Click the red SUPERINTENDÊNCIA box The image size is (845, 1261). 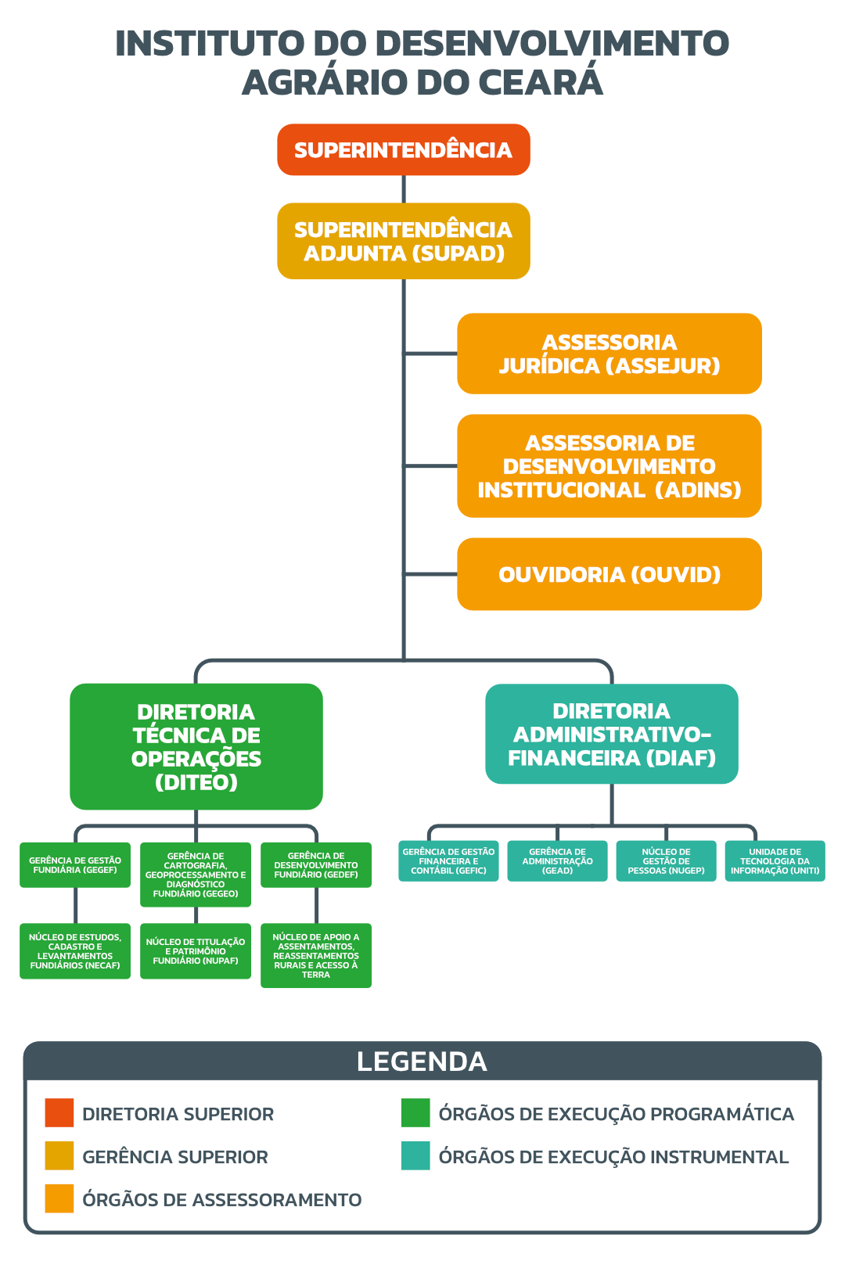403,149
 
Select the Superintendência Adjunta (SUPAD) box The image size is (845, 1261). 403,241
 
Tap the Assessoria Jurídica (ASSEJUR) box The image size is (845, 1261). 609,354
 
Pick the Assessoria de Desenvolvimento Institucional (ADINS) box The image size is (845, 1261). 609,465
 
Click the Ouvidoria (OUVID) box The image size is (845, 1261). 609,574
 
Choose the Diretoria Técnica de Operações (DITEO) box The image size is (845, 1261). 196,746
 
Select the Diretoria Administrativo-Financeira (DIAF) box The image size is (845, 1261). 611,734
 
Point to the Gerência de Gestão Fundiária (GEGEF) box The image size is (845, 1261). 75,865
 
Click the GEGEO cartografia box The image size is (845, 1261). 196,875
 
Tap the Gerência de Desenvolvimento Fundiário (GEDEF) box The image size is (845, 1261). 316,865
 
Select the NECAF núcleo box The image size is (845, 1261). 75,951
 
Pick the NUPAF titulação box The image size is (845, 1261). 196,951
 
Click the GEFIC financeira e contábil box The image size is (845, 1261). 448,861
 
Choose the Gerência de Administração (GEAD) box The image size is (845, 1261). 557,861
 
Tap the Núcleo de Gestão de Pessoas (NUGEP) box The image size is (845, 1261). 666,861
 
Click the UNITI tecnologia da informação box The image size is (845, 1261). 775,861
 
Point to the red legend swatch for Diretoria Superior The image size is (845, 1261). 59,1113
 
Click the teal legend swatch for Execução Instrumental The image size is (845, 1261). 415,1156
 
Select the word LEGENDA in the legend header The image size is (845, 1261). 422,1062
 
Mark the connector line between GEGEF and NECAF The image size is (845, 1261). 76,906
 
